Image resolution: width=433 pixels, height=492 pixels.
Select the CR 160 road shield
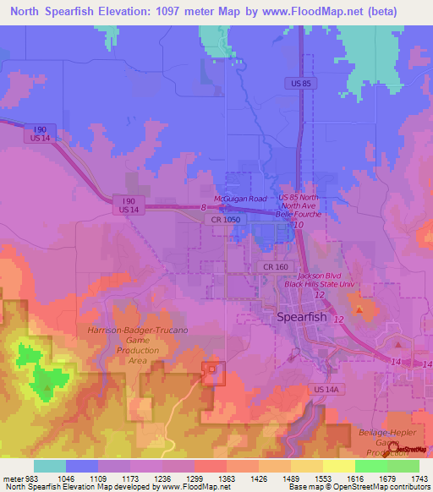270,267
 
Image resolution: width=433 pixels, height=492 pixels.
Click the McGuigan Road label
240,198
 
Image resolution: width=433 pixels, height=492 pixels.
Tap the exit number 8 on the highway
203,207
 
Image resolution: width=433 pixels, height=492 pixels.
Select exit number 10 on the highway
299,225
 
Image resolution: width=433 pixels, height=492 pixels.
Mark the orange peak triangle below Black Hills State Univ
359,310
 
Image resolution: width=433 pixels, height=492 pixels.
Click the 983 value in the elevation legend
27,478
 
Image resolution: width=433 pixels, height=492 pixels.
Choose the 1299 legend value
178,478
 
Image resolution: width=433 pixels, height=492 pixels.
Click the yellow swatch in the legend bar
338,466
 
